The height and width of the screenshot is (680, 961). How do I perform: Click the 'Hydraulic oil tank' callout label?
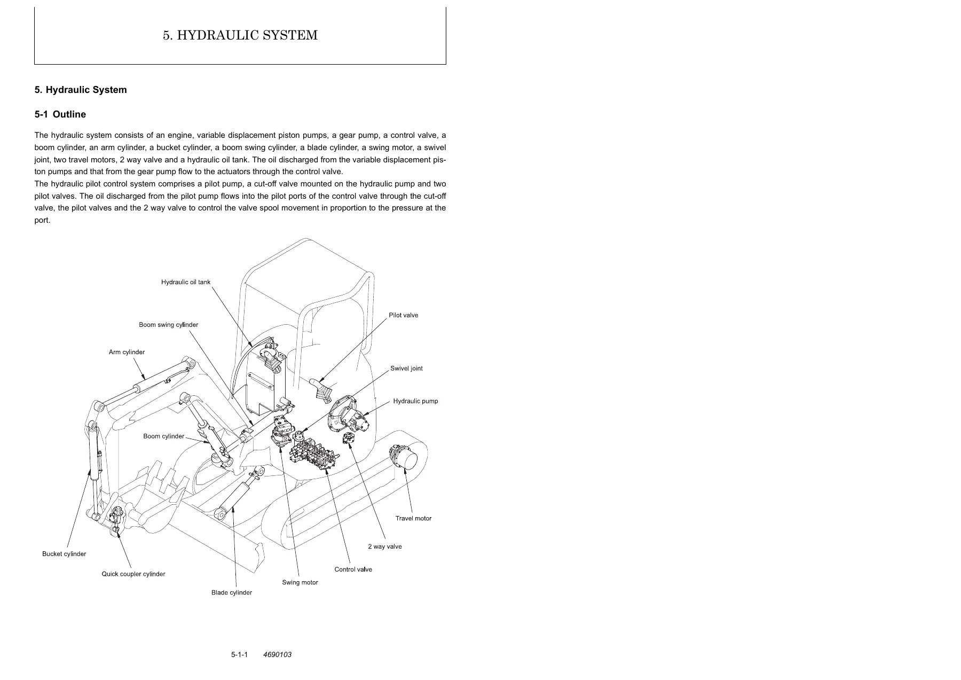pos(186,282)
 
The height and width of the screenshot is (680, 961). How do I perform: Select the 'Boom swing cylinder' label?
pos(169,325)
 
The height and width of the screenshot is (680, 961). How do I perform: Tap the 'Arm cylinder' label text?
pos(127,352)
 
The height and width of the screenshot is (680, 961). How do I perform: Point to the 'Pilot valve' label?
pos(404,315)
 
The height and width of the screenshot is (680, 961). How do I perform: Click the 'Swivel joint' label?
pos(406,369)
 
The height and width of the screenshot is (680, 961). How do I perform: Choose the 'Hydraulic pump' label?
pos(415,401)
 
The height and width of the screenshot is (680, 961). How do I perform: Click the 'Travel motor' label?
pos(413,518)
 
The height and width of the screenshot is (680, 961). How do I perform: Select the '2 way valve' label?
pos(385,546)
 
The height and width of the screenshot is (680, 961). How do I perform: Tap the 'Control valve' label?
pos(353,569)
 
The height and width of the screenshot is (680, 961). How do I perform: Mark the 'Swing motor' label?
pos(300,582)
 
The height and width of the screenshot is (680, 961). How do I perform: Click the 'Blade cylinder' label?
pos(232,592)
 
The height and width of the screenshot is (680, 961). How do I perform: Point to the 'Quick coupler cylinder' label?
pos(133,574)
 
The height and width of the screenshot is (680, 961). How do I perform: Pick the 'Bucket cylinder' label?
pos(64,554)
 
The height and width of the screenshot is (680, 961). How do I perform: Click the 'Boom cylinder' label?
pos(163,436)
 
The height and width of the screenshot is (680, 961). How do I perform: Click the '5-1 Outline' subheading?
pos(60,114)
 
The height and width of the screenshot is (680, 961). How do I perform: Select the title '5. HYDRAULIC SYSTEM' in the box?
pos(240,35)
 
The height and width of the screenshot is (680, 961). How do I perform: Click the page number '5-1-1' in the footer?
pos(240,655)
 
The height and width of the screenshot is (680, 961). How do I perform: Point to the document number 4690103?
pos(278,655)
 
